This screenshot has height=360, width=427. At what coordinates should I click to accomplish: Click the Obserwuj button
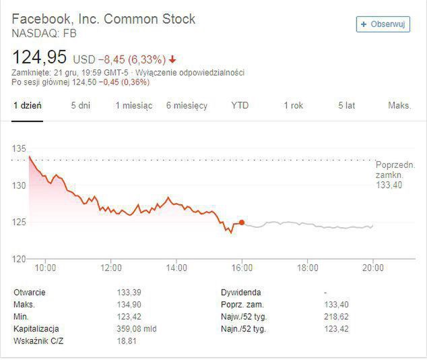coord(383,24)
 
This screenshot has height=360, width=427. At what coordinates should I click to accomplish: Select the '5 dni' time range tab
coord(80,106)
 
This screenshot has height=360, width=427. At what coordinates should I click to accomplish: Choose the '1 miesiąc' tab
coord(133,106)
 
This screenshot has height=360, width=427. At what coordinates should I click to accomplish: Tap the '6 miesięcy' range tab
coord(187,106)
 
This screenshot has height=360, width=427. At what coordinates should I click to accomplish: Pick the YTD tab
coord(240,106)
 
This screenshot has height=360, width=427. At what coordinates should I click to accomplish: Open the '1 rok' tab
coord(293,106)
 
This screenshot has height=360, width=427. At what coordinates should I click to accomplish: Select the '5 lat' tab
coord(346,106)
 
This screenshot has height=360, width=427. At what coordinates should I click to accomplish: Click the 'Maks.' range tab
coord(399,106)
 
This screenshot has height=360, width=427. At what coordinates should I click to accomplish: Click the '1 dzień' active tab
coord(27,106)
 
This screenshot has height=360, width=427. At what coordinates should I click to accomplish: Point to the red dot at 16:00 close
coord(242,222)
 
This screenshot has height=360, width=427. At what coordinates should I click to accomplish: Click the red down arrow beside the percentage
coord(173,59)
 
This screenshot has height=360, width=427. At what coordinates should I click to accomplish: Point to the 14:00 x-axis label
coord(176,268)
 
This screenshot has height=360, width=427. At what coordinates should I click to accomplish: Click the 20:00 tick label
coord(372,268)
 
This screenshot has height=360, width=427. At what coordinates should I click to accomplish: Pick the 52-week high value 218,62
coord(337,317)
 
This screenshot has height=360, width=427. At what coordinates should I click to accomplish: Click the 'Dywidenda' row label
coord(241,293)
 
